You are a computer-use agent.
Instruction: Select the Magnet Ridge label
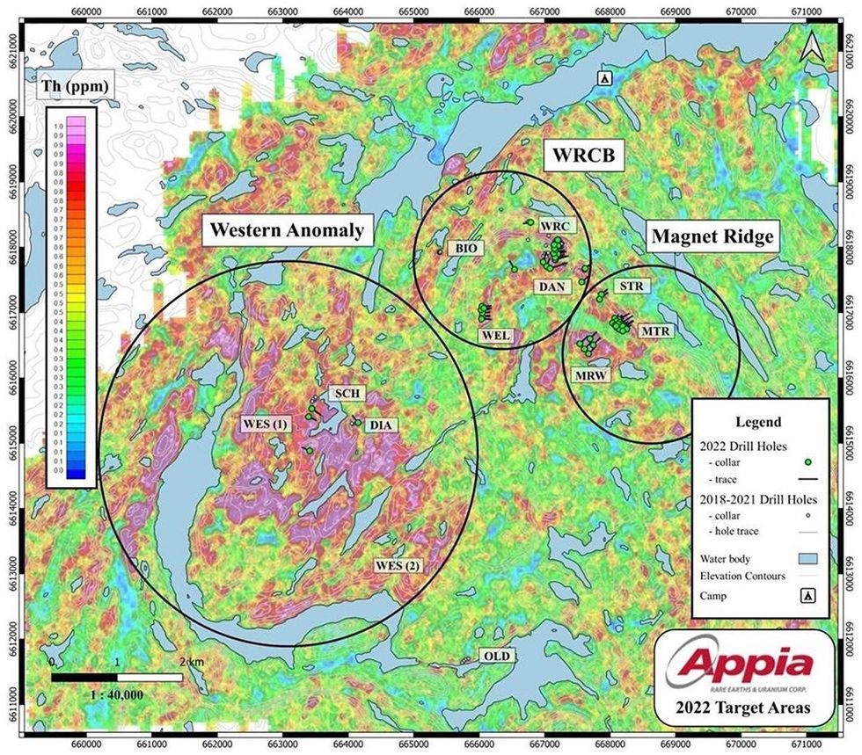(713, 236)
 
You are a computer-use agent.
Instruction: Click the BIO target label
(467, 249)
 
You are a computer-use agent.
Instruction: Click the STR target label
(631, 287)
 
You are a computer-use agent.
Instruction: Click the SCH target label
(341, 394)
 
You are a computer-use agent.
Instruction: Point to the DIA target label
(382, 425)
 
